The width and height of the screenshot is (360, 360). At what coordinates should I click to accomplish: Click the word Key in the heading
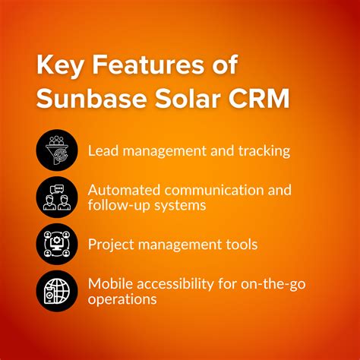pyautogui.click(x=60, y=67)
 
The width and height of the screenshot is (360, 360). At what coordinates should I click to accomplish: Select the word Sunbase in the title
pyautogui.click(x=85, y=99)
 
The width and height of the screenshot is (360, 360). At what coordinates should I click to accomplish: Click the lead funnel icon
pyautogui.click(x=56, y=150)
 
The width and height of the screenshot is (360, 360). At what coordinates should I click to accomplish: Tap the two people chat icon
pyautogui.click(x=56, y=197)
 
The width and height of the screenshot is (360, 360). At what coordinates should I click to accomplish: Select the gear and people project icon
pyautogui.click(x=56, y=244)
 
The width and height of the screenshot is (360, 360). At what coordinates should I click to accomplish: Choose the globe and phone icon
pyautogui.click(x=56, y=292)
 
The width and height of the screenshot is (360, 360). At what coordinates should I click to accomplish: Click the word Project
pyautogui.click(x=112, y=245)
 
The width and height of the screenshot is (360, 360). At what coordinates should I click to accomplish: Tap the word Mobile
pyautogui.click(x=111, y=285)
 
